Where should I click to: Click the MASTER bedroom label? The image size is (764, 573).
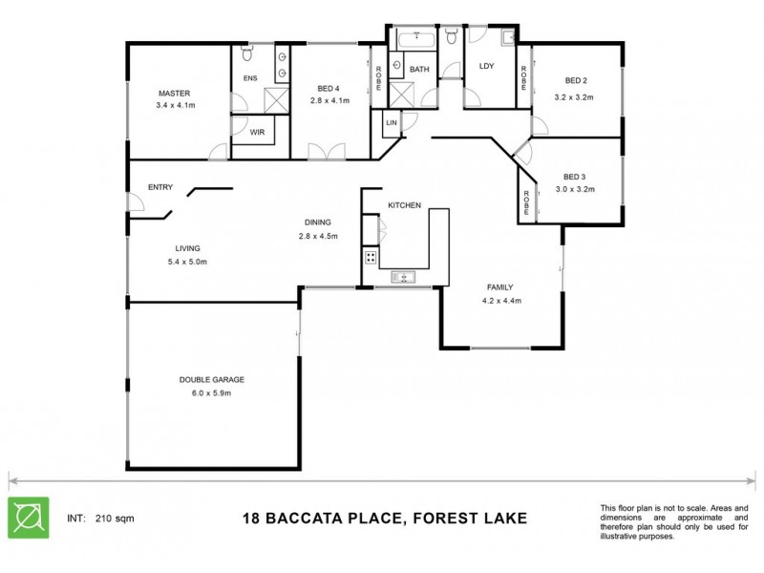tap(175, 94)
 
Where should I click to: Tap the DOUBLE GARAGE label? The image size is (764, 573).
tap(205, 380)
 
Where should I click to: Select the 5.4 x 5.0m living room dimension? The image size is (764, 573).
tap(187, 261)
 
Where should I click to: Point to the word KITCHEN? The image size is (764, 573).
tap(405, 205)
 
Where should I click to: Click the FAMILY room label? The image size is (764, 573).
tap(500, 286)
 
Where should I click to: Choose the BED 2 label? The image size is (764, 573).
tap(574, 80)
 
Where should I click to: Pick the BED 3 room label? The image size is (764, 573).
tap(573, 177)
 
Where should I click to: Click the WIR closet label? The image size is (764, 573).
tap(257, 133)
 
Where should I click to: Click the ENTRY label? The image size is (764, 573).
tap(160, 187)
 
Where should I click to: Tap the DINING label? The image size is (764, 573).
tap(318, 222)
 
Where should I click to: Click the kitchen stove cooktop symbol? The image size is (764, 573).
tap(370, 257)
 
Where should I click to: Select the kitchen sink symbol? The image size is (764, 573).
tap(401, 277)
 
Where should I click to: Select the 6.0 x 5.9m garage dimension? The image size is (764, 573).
tap(205, 393)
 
